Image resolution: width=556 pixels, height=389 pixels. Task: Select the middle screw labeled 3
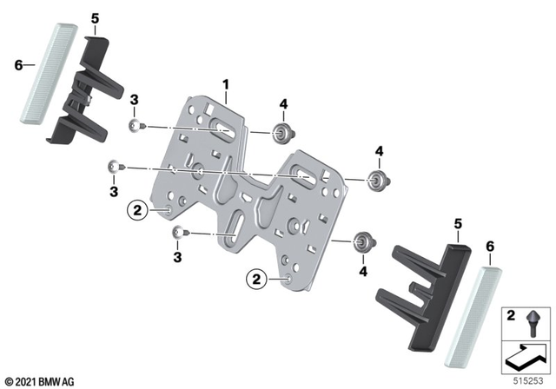pos(113,166)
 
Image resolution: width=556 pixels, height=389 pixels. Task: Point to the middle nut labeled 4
pos(376,181)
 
